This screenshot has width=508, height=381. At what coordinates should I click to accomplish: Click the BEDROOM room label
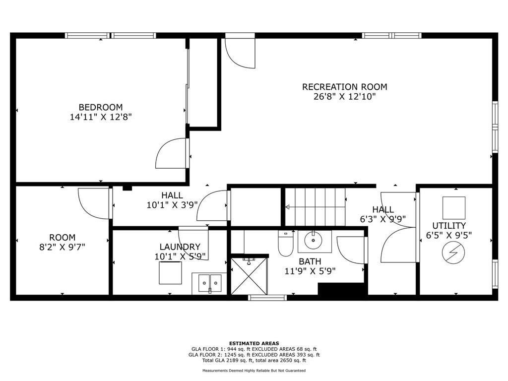tap(101, 107)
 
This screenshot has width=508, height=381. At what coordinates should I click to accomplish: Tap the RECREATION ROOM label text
tap(345, 87)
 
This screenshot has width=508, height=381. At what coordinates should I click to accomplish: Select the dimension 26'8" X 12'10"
tap(345, 97)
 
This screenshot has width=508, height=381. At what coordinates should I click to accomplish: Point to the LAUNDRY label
tap(180, 247)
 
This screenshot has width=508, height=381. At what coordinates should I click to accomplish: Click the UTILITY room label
tap(449, 226)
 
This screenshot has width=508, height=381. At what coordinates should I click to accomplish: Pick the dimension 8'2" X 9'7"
tap(62, 247)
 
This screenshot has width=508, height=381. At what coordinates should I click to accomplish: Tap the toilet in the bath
tap(285, 243)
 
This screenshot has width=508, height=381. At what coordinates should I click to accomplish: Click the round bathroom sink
tap(314, 240)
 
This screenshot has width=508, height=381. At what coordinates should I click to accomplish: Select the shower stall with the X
tap(249, 276)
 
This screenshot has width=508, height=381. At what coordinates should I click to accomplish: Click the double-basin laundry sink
tap(210, 283)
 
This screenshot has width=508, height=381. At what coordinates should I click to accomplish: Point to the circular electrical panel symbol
tap(453, 253)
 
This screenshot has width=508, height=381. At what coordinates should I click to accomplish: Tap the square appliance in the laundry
tap(171, 273)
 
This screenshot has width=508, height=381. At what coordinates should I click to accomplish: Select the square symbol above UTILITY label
tap(454, 208)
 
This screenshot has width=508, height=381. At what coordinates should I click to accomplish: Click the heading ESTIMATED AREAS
tap(254, 343)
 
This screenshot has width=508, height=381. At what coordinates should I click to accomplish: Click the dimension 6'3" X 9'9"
tap(383, 219)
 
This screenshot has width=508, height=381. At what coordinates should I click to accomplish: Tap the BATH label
tap(310, 261)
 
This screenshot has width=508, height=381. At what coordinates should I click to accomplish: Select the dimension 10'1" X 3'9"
tap(172, 205)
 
